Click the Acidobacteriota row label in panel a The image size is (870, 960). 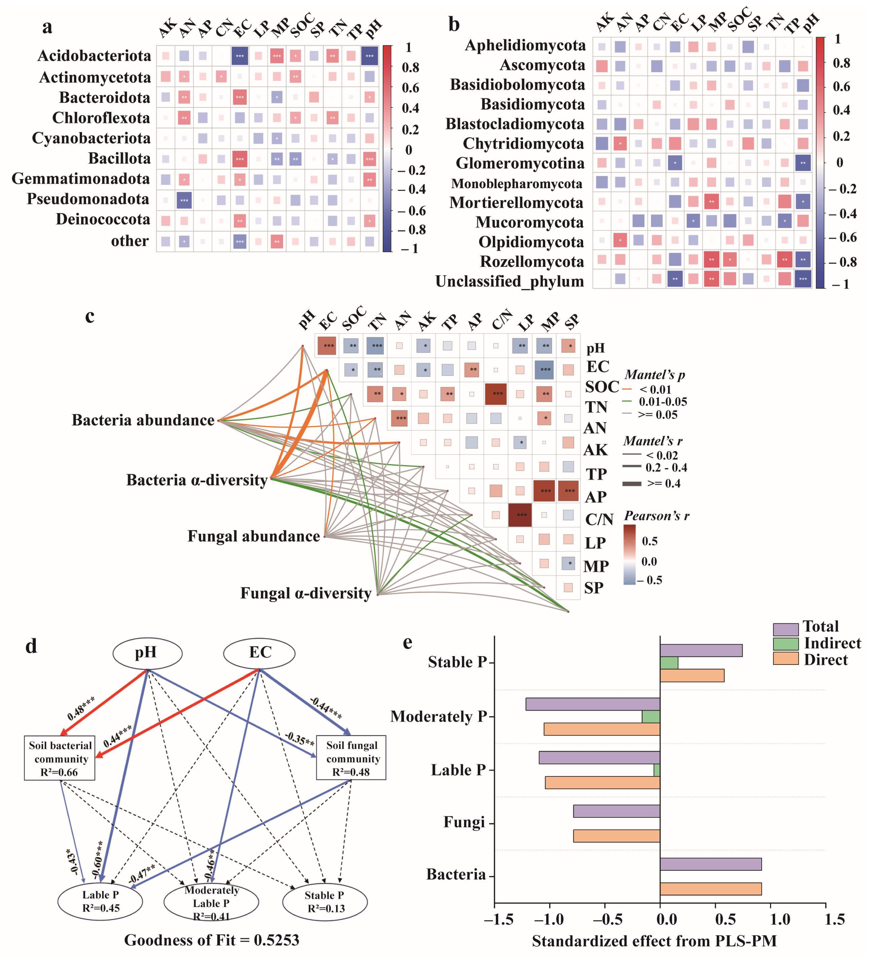[x=94, y=56]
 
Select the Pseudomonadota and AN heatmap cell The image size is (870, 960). [x=184, y=200]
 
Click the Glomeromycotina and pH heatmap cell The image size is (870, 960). [x=803, y=163]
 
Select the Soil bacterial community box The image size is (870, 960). [x=60, y=759]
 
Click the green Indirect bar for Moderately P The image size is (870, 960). [x=651, y=717]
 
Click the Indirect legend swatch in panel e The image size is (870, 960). [x=785, y=644]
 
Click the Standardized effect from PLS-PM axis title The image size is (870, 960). [x=654, y=941]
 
